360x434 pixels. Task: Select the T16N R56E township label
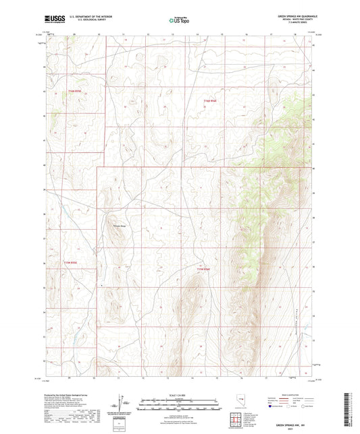point(210,101)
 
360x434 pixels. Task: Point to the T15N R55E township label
point(71,262)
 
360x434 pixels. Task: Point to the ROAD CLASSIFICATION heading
point(290,394)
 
